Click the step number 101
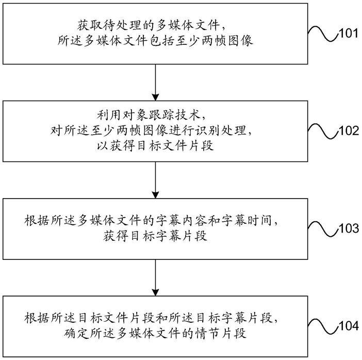pyautogui.click(x=349, y=34)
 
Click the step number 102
pyautogui.click(x=349, y=130)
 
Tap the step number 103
pyautogui.click(x=349, y=228)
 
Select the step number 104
pyautogui.click(x=349, y=326)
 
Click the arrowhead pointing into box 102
pyautogui.click(x=155, y=97)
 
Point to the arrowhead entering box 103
pyautogui.click(x=155, y=194)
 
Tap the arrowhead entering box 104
pyautogui.click(x=155, y=292)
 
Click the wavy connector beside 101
pyautogui.click(x=323, y=34)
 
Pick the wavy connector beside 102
pyautogui.click(x=323, y=131)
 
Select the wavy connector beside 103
pyautogui.click(x=323, y=228)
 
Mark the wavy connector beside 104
pyautogui.click(x=323, y=326)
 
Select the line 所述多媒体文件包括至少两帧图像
pyautogui.click(x=155, y=41)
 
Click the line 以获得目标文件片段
pyautogui.click(x=155, y=146)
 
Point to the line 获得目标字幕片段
pyautogui.click(x=155, y=236)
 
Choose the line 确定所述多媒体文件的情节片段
pyautogui.click(x=155, y=334)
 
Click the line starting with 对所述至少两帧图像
pyautogui.click(x=151, y=130)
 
